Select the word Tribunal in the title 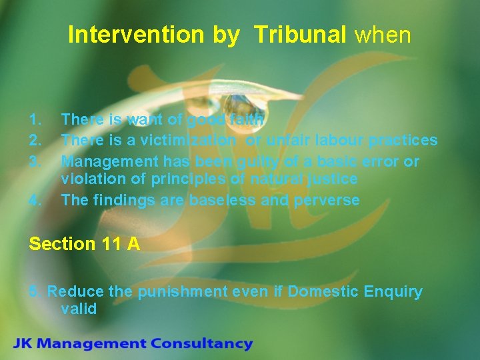click(298, 35)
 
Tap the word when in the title click(383, 35)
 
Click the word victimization click(194, 141)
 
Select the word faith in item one click(247, 120)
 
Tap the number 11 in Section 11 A click(111, 244)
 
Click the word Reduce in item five click(71, 292)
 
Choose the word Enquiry click(393, 292)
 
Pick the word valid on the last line click(79, 309)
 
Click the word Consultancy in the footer click(201, 345)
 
